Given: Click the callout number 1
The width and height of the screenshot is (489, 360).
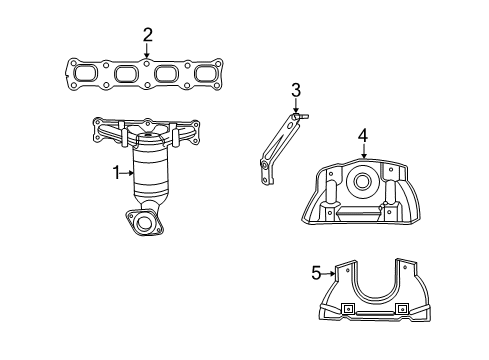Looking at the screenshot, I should pos(117,174).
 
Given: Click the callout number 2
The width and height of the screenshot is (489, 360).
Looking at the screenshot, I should pos(148,36).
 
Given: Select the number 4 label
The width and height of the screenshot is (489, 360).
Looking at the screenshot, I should pos(364,135).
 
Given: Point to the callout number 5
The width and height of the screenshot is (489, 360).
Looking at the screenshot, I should pos(316,271).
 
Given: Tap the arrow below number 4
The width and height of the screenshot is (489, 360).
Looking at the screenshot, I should pos(364,153).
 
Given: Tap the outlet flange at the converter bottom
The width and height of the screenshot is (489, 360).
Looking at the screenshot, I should pos(145,223).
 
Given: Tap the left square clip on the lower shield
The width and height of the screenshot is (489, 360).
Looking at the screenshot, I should pos(349,308).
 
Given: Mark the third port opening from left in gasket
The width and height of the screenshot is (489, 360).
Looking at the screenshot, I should pos(167,74).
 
